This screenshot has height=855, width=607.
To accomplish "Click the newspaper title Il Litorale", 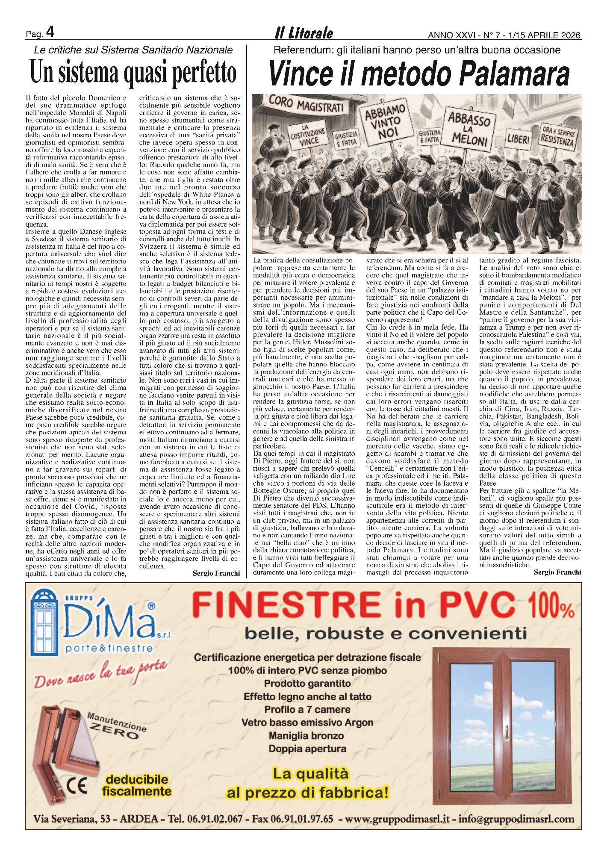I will pyautogui.click(x=303, y=33).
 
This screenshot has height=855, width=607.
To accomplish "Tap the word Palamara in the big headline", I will pyautogui.click(x=514, y=74).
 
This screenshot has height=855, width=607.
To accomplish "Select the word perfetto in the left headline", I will pyautogui.click(x=204, y=72).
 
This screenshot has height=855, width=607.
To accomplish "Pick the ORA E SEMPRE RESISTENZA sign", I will pyautogui.click(x=558, y=135).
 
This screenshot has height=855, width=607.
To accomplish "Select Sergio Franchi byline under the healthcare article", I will pyautogui.click(x=216, y=573).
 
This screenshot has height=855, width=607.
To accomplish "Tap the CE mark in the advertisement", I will pyautogui.click(x=77, y=785).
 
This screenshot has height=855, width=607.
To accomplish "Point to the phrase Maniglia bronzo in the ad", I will pyautogui.click(x=306, y=736).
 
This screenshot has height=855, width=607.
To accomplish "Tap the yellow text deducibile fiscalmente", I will pyautogui.click(x=137, y=785).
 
